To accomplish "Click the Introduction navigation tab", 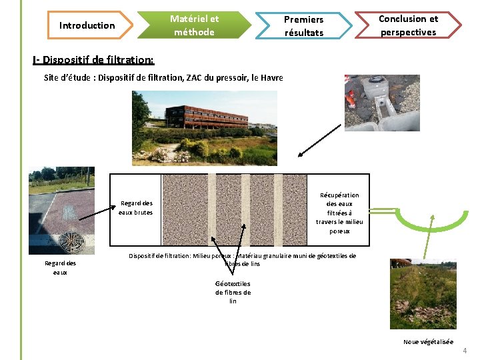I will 87,25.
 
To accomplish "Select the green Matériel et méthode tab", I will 194,25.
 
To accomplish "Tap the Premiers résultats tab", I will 303,26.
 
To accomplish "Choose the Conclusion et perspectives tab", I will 407,25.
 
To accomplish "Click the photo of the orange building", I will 204,127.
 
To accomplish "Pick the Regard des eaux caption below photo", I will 60,267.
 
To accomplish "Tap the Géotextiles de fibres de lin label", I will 233,292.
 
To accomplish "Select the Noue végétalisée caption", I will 427,342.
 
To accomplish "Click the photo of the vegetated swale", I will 423,294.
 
